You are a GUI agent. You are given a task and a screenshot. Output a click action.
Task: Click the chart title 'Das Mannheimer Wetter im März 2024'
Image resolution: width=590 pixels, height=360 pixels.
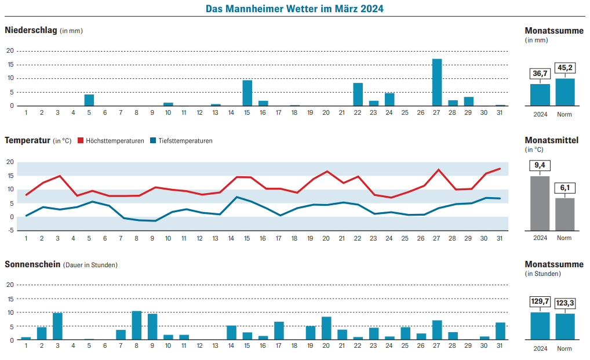point(294,9)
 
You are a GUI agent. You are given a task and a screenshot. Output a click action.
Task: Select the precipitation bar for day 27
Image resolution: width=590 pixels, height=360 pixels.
point(437,82)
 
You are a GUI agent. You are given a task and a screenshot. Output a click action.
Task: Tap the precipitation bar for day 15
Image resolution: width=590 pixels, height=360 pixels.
point(247,93)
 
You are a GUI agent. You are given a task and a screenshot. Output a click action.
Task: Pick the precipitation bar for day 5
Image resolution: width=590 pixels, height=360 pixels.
point(89,100)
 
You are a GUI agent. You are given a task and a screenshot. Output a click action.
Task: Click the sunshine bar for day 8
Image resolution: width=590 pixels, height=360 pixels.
point(137,326)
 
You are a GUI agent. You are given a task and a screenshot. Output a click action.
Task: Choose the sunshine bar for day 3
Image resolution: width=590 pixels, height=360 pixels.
point(57,326)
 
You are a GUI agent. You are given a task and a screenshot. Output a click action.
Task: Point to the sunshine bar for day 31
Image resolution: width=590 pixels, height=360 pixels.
point(500,331)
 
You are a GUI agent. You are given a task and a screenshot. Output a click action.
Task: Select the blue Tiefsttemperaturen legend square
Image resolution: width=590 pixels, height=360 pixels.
point(153,140)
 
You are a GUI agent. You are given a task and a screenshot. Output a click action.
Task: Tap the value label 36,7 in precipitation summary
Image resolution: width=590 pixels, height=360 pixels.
point(540,74)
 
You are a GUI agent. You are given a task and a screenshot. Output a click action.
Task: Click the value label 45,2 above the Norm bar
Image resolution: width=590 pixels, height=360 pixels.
point(565,68)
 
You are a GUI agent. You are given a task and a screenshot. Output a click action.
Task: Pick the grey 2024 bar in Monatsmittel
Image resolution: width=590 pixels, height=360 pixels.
point(540,203)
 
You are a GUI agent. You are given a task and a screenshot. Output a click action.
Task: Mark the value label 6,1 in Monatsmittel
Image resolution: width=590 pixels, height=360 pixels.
point(565,188)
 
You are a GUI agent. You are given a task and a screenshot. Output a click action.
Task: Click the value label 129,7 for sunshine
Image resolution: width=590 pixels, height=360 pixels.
point(540,301)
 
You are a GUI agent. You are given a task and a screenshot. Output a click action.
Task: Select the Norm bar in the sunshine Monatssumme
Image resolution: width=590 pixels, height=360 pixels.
point(565,327)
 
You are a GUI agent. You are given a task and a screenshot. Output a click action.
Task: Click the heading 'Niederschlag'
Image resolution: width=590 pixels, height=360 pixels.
point(31,30)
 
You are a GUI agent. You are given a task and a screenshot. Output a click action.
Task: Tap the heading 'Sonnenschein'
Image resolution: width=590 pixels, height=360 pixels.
point(32,264)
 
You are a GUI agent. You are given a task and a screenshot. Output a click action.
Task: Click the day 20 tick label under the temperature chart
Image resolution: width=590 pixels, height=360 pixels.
point(326,238)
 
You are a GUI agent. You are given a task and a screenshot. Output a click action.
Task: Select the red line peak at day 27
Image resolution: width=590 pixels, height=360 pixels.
point(439,170)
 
